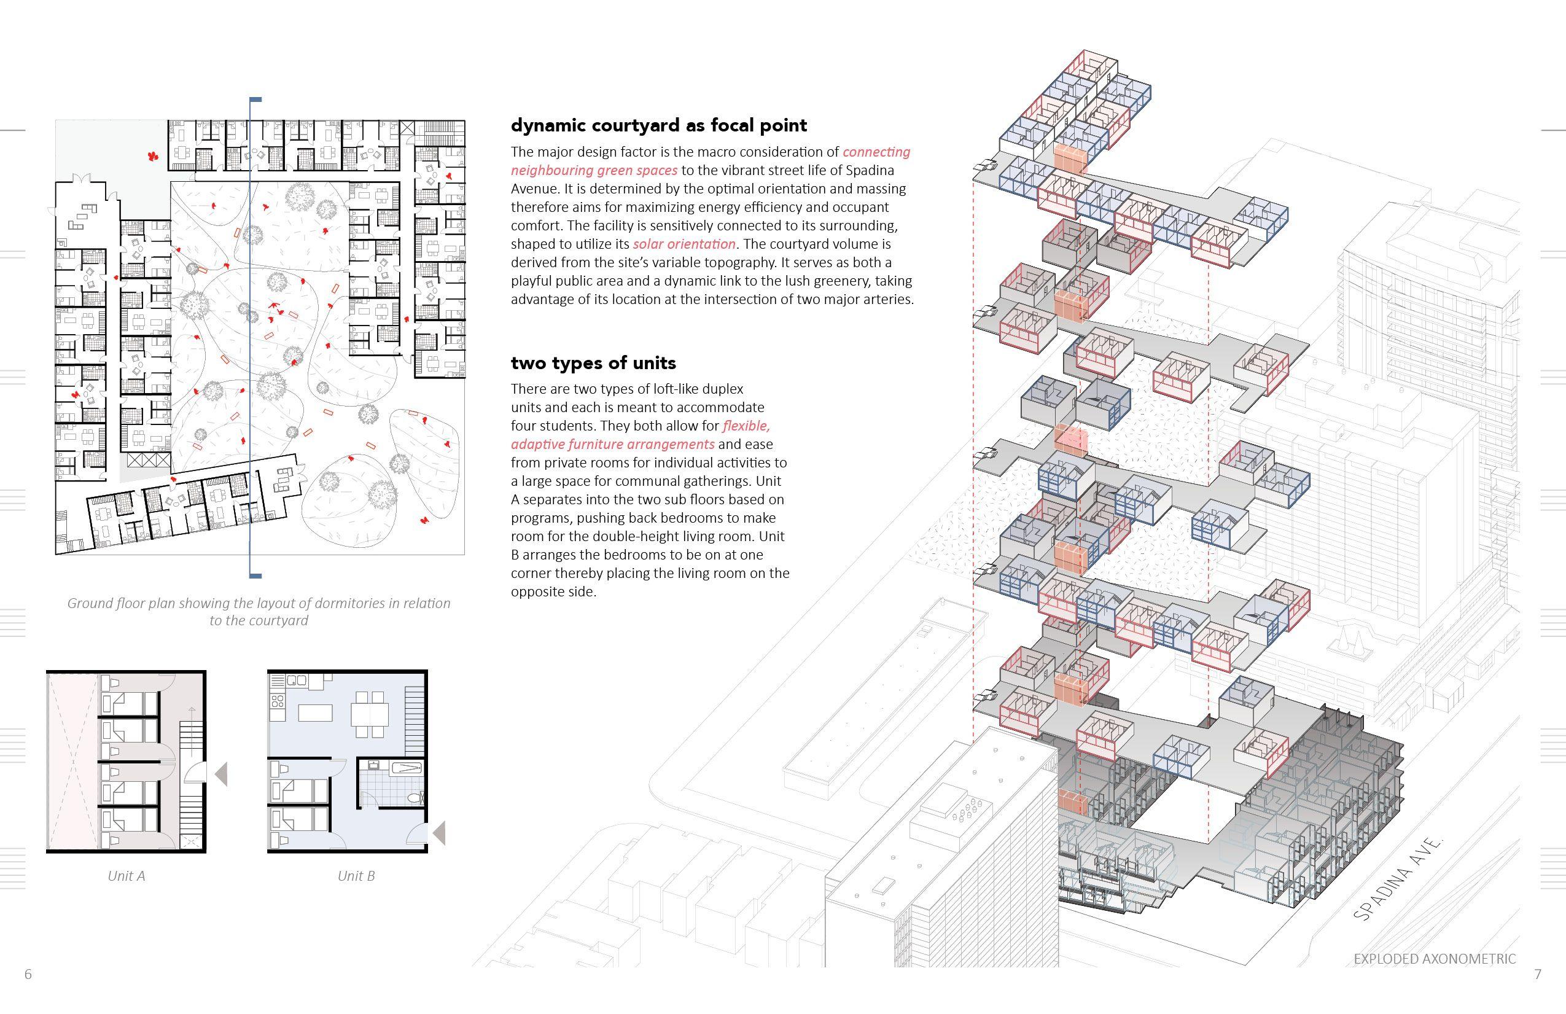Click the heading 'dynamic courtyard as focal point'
(x=658, y=126)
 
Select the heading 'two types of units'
(x=593, y=363)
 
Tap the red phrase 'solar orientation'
(x=684, y=244)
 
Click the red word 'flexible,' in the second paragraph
(x=746, y=426)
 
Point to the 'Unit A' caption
(x=127, y=876)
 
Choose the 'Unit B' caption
(x=356, y=876)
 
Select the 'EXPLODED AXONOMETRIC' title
(x=1435, y=959)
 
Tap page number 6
(x=28, y=975)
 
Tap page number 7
(x=1537, y=975)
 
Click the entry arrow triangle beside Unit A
(x=222, y=774)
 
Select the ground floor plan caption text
(x=259, y=611)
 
